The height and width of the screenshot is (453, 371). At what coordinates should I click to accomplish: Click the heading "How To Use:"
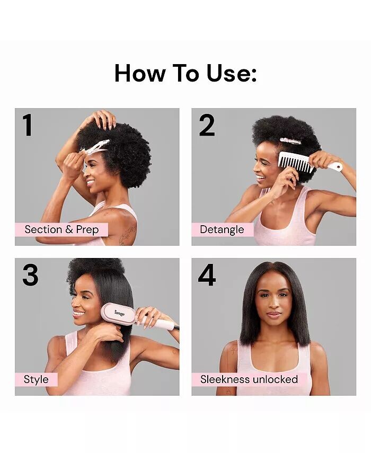click(185, 73)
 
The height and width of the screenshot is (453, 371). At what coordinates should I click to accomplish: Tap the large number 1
click(28, 125)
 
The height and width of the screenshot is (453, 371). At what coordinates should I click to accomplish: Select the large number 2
click(207, 125)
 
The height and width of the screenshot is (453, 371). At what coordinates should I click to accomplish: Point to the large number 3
click(30, 275)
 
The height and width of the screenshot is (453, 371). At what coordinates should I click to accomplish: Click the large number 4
click(207, 275)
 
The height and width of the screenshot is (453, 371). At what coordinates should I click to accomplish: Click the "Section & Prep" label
click(61, 229)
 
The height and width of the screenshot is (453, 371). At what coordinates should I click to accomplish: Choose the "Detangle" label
click(222, 229)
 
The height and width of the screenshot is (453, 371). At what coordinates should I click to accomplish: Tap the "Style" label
click(36, 379)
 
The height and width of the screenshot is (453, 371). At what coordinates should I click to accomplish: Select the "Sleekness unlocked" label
click(249, 379)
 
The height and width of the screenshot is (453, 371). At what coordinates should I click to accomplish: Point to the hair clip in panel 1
click(95, 147)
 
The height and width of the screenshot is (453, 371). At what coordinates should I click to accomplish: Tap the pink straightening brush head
click(118, 313)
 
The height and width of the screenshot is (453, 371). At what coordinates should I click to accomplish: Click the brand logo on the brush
click(119, 313)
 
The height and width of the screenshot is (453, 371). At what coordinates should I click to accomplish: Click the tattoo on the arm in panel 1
click(128, 235)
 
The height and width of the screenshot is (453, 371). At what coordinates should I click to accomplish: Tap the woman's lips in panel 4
click(273, 314)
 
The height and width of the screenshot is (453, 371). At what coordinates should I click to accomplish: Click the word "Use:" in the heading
click(232, 73)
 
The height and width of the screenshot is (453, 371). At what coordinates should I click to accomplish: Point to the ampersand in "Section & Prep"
click(69, 229)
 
